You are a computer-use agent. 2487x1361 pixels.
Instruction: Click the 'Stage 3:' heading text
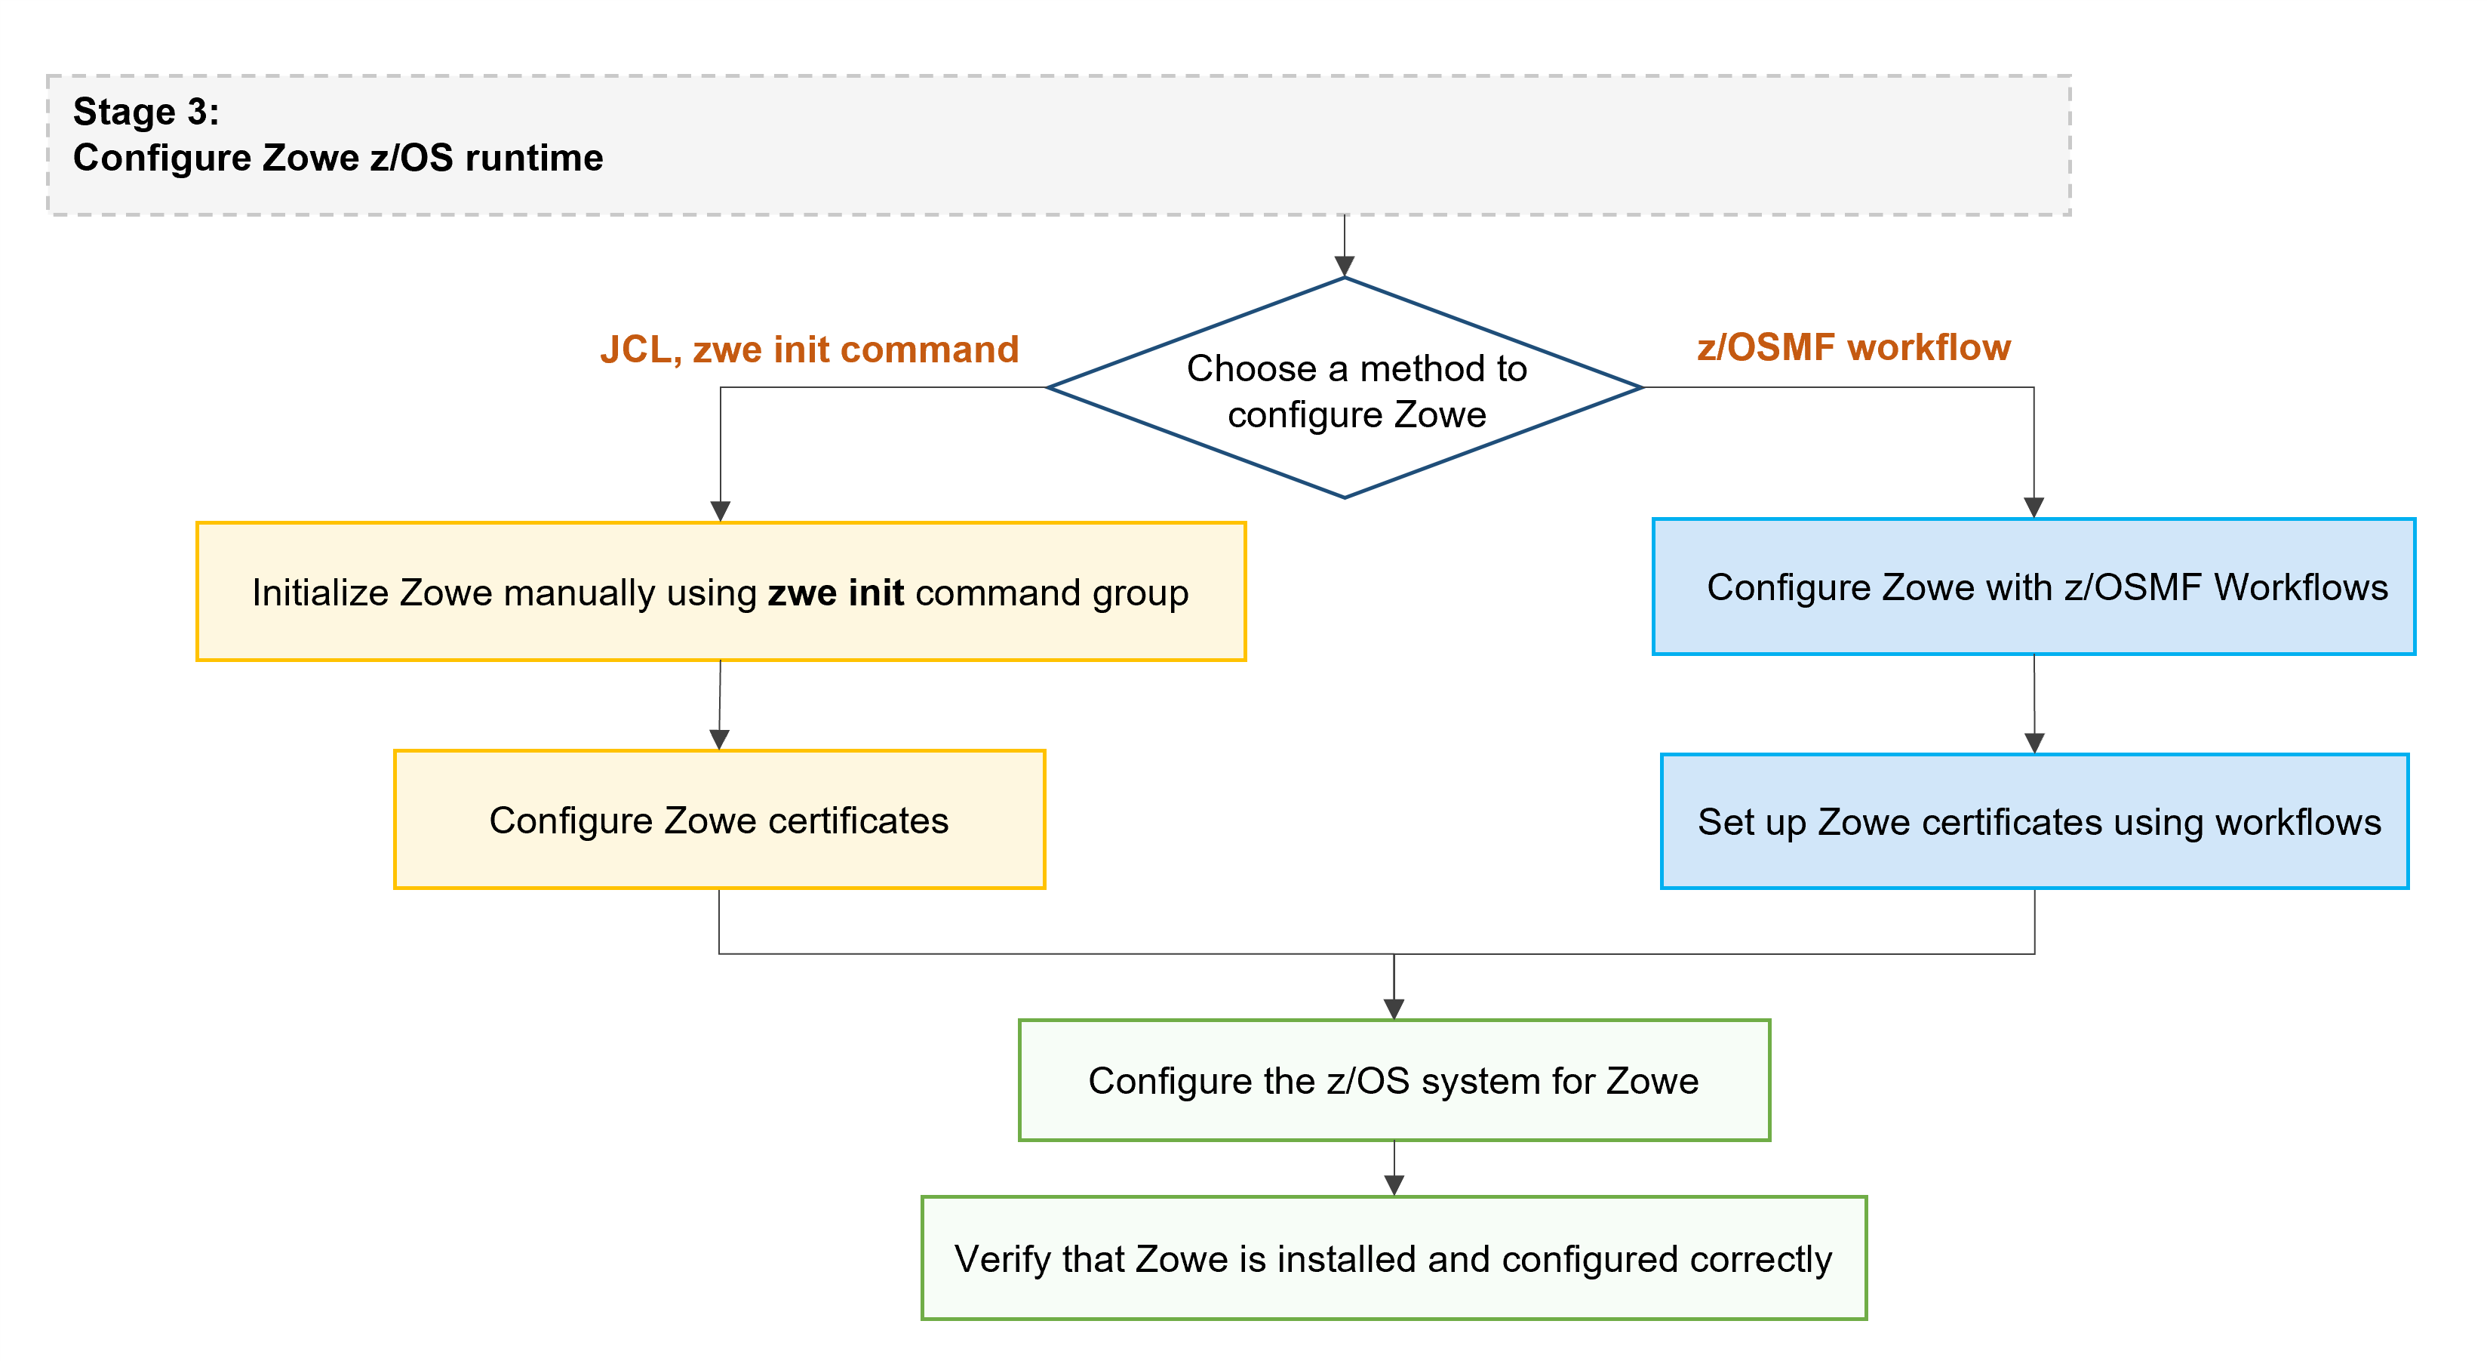146,112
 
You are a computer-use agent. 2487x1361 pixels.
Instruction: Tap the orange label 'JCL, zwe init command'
809,349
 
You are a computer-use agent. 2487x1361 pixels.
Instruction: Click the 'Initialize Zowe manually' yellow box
721,592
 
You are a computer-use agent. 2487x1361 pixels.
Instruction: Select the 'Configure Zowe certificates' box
719,820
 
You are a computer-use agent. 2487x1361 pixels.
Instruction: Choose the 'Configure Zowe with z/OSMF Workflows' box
2034,587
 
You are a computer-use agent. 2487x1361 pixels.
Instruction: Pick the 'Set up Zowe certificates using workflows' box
2034,822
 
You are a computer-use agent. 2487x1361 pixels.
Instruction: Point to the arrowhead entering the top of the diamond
1344,266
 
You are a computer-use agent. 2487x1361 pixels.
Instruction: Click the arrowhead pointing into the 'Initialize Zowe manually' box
721,511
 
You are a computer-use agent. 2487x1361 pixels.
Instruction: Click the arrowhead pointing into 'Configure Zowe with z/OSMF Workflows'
2034,507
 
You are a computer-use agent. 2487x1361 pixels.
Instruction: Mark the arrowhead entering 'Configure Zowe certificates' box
719,739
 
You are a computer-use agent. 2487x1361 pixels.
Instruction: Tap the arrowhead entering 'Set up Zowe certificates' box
2034,743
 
